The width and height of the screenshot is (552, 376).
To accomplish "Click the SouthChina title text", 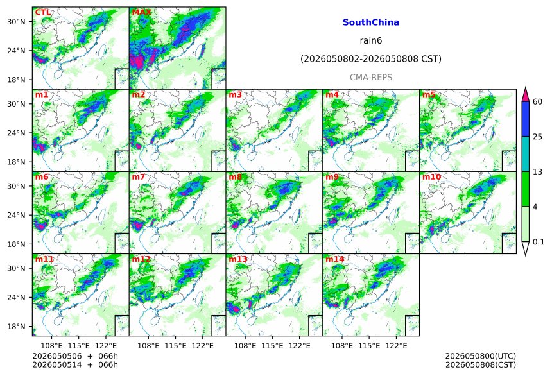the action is [371, 22].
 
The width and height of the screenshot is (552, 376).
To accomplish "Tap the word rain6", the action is [371, 40].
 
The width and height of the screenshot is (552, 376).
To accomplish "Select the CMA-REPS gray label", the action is [371, 77].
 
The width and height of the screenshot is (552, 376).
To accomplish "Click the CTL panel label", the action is [43, 12].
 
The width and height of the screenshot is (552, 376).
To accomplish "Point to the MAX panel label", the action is [141, 12].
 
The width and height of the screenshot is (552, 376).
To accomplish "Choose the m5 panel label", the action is [429, 95].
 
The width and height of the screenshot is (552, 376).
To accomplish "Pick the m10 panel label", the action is [431, 176].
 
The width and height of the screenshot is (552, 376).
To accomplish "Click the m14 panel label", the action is [334, 259].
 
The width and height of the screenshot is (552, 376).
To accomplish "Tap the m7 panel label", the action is [139, 176].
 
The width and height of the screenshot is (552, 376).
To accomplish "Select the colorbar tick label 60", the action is [538, 102].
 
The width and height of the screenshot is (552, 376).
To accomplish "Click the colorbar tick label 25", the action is [538, 137].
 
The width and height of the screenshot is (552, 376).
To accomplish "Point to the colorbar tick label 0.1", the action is [539, 242].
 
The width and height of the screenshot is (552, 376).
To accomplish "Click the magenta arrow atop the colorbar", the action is [526, 94].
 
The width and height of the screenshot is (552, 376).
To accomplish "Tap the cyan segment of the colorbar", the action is [526, 154].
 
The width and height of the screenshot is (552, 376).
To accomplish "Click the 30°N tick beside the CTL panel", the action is [16, 22].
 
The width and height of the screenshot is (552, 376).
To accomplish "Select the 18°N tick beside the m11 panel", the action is [16, 327].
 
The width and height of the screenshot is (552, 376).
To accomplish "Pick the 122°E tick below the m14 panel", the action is [396, 346].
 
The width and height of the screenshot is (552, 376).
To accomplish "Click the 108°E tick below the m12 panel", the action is [148, 346].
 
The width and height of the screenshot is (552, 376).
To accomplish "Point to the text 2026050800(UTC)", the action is [481, 356].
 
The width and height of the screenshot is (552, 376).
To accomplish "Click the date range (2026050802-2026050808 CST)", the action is [371, 59].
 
